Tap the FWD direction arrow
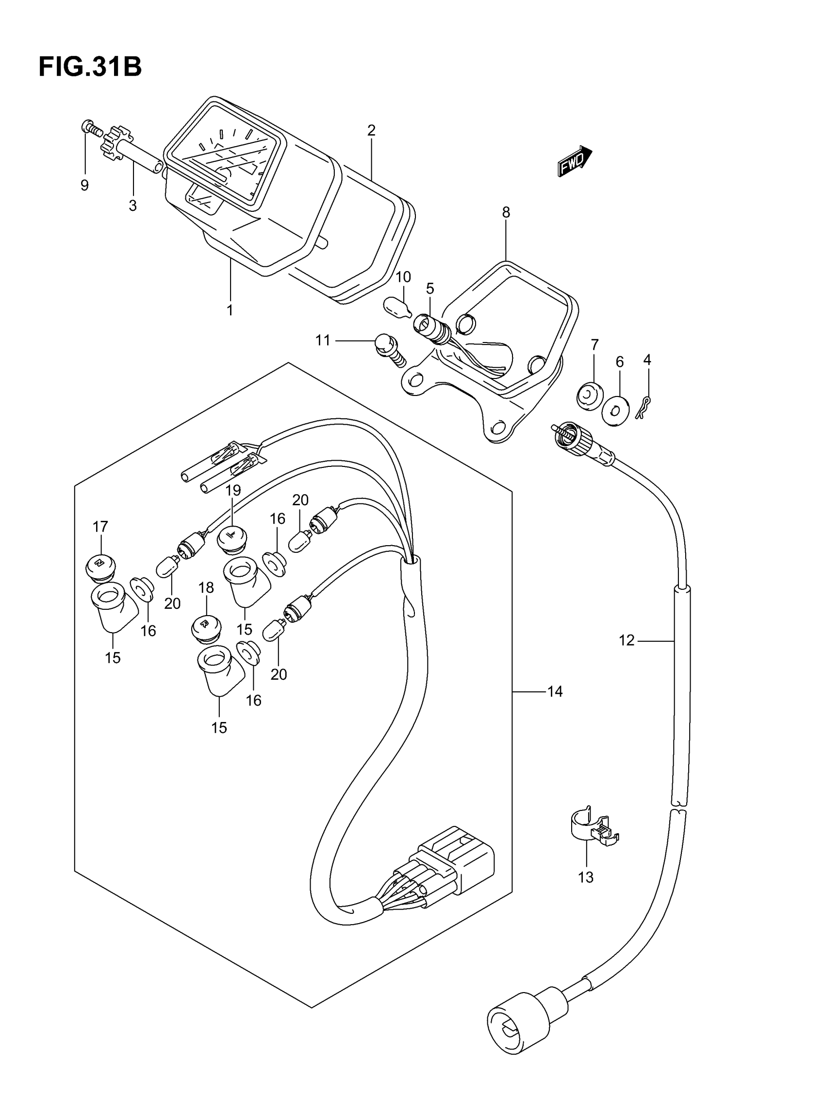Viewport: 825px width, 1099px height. click(574, 161)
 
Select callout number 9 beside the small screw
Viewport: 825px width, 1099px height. click(84, 185)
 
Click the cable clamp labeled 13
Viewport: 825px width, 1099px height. click(593, 827)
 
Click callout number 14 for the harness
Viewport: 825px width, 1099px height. click(555, 691)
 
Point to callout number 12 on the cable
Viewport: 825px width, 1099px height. click(627, 640)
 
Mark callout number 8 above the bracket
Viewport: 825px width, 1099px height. click(506, 213)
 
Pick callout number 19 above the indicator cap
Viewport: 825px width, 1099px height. click(233, 490)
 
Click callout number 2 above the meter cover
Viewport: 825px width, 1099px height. click(371, 130)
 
